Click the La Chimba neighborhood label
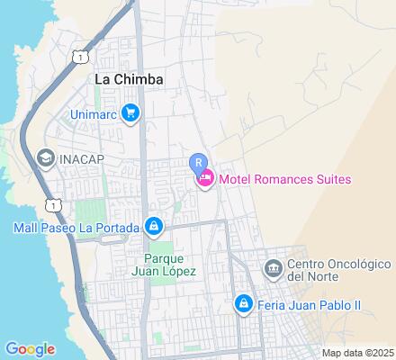click(x=130, y=79)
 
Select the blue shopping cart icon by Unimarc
click(x=131, y=113)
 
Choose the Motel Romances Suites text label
click(x=285, y=179)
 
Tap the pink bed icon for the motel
click(x=205, y=179)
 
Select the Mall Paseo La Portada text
click(x=76, y=226)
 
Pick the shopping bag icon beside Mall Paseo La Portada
click(x=155, y=225)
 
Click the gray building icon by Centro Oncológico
click(x=273, y=268)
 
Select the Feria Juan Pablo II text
click(x=309, y=305)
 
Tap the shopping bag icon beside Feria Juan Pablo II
click(x=242, y=304)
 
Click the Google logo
click(x=30, y=348)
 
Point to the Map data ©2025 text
click(x=358, y=353)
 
